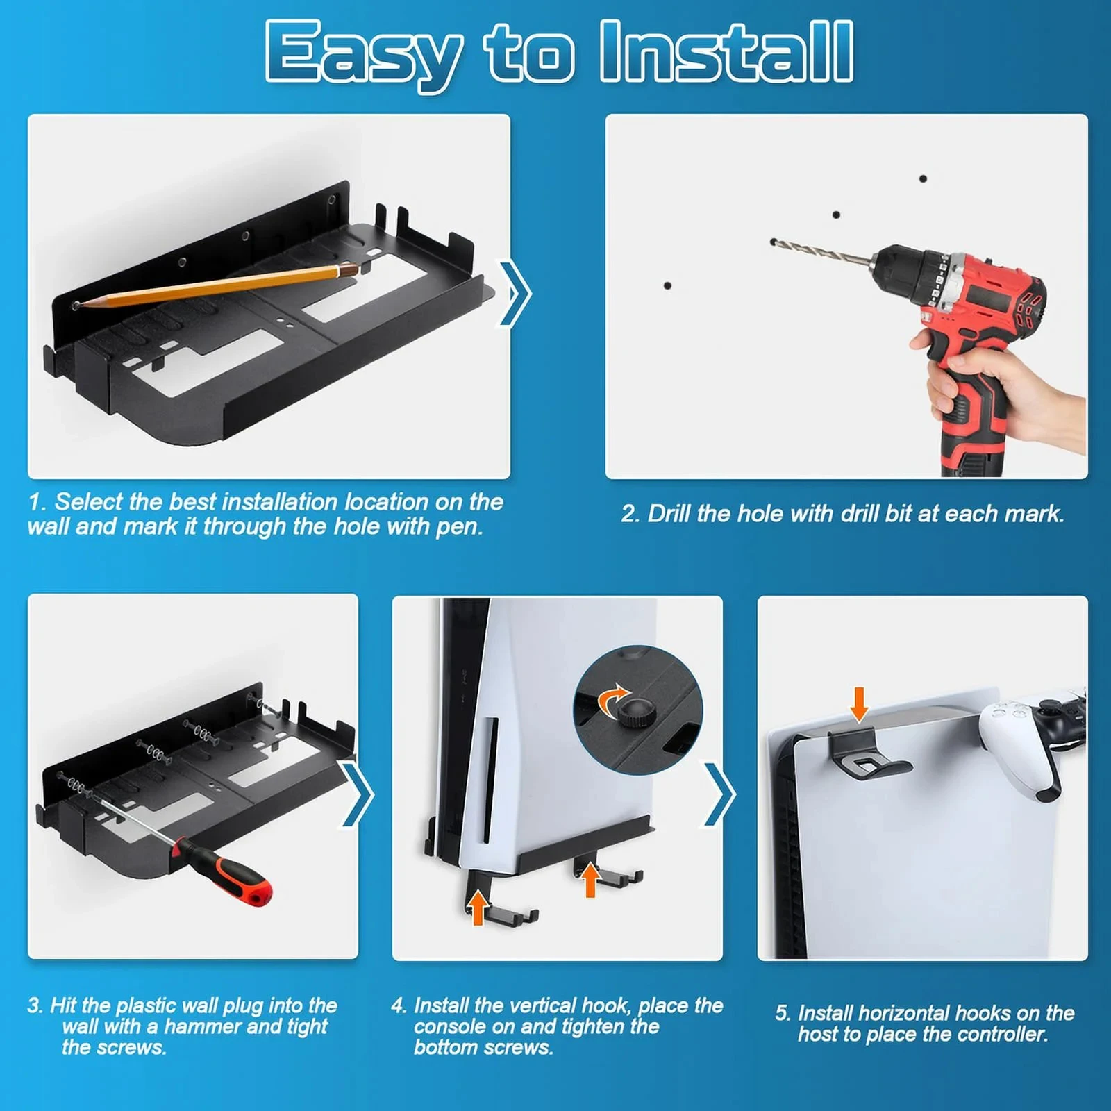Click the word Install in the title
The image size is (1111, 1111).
pos(726,51)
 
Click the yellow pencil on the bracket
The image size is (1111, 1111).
pos(215,285)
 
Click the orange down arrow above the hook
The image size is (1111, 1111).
pos(859,704)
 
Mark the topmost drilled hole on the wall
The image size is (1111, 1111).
pos(923,178)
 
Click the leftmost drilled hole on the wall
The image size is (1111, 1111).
pos(667,285)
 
